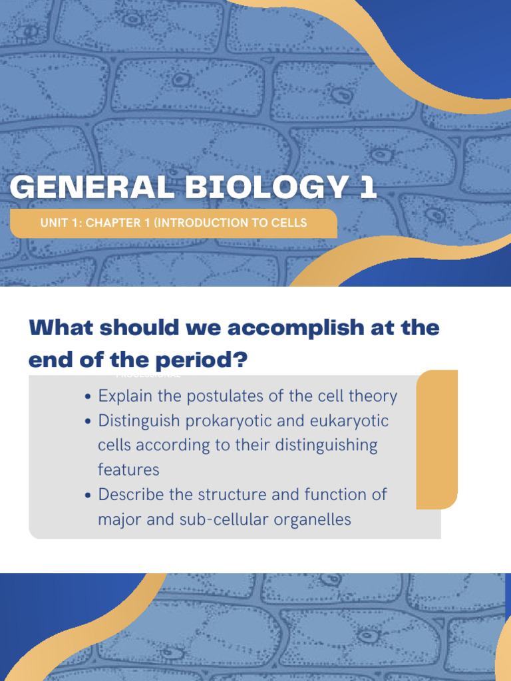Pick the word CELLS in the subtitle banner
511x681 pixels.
(x=290, y=223)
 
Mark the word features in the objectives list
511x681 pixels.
(x=128, y=470)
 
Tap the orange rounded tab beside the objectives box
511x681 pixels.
(x=438, y=439)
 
